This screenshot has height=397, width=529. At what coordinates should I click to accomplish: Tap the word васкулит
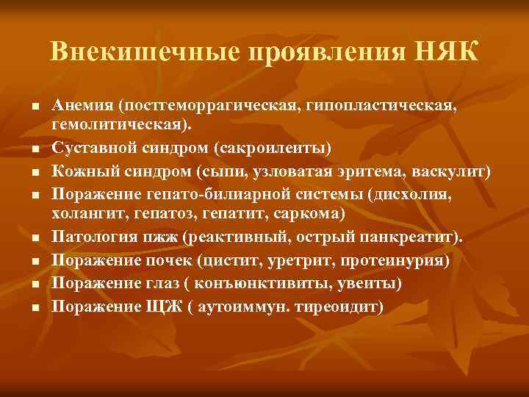[454, 171]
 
